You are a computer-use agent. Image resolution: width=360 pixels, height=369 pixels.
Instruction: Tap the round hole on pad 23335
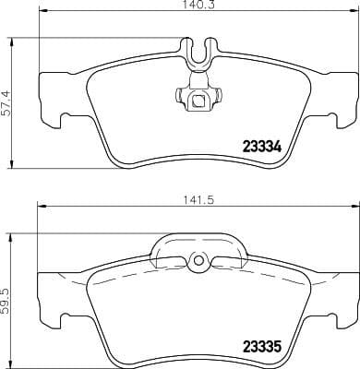(x=196, y=262)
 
